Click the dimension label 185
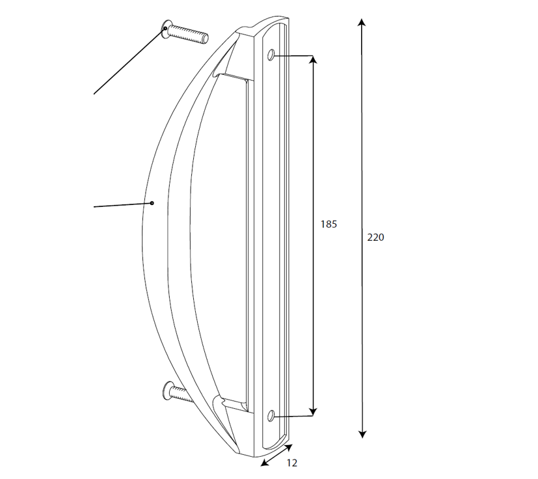tap(329, 225)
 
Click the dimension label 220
tap(376, 238)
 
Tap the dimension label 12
tap(291, 463)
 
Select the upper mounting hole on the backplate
tap(271, 55)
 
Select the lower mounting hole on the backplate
tap(271, 416)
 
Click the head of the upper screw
tap(167, 29)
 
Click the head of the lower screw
tap(167, 390)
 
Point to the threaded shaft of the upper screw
tap(189, 33)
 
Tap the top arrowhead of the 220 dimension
tap(361, 22)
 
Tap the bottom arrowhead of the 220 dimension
tap(362, 434)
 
